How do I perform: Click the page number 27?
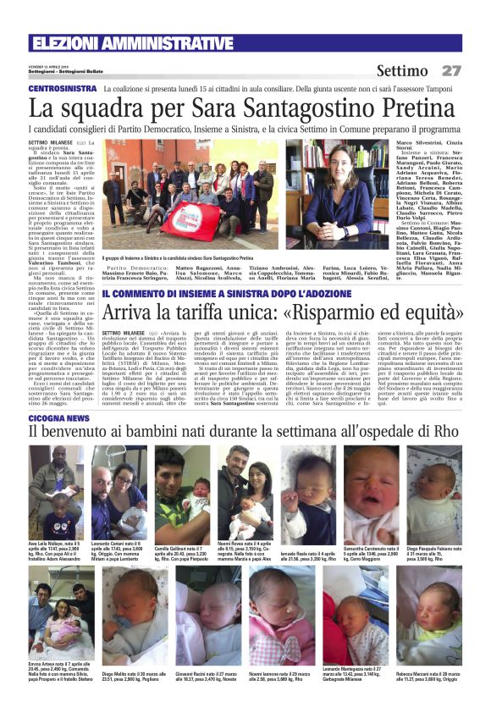pos(451,70)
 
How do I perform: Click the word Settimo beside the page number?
pos(402,70)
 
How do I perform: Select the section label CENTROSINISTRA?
pos(59,89)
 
